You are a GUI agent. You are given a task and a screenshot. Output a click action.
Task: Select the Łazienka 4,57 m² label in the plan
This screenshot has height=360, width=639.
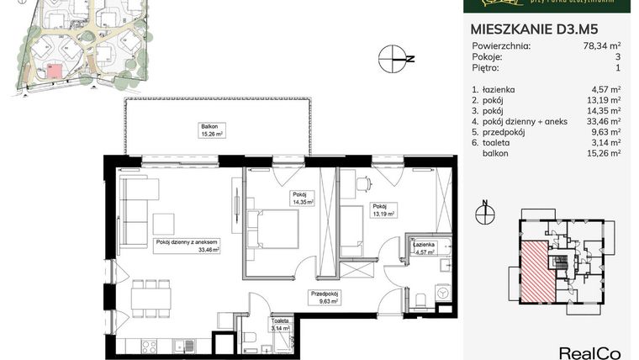point(423,247)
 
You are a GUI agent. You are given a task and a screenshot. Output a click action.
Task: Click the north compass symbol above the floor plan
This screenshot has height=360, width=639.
point(392,58)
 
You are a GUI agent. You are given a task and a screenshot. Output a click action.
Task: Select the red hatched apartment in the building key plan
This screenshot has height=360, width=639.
point(536,268)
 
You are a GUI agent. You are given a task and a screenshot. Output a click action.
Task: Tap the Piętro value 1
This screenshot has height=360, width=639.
point(618,68)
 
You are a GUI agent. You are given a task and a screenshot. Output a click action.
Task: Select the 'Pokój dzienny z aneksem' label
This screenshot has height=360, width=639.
point(187,244)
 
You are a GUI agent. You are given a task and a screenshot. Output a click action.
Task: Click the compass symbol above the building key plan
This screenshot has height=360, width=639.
point(485,214)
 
